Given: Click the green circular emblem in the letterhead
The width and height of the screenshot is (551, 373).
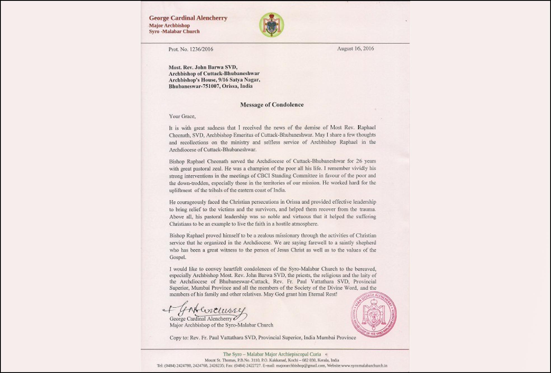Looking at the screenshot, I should pyautogui.click(x=271, y=25).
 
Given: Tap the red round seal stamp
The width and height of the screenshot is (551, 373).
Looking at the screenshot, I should pyautogui.click(x=374, y=314).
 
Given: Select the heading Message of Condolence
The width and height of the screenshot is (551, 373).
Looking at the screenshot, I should pyautogui.click(x=272, y=105).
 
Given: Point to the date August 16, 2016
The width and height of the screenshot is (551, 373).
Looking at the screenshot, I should pyautogui.click(x=355, y=49).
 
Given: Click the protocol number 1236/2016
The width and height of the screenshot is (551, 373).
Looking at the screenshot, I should pyautogui.click(x=201, y=49).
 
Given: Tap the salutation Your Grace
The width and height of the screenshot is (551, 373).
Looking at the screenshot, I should pyautogui.click(x=182, y=117).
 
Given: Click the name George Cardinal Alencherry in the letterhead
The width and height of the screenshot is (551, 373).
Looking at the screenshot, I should pyautogui.click(x=188, y=18).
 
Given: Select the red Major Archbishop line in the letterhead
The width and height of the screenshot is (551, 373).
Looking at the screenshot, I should pyautogui.click(x=169, y=25).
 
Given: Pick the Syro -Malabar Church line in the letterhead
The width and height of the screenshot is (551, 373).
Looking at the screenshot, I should pyautogui.click(x=174, y=32).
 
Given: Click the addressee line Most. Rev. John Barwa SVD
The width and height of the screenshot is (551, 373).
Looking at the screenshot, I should pyautogui.click(x=203, y=67).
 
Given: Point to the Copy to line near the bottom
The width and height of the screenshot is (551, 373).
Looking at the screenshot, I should pyautogui.click(x=262, y=338).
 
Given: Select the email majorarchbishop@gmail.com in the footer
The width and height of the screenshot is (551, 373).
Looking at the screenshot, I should pyautogui.click(x=301, y=365).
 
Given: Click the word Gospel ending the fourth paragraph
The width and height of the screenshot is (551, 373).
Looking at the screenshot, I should pyautogui.click(x=177, y=257).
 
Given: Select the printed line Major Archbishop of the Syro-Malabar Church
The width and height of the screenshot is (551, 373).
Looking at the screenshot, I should pyautogui.click(x=221, y=325).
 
